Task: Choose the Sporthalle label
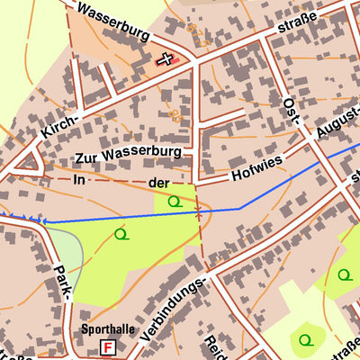[x=108, y=329]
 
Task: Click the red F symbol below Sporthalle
[x=109, y=346]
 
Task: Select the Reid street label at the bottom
[x=214, y=346]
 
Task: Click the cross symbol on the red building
[x=165, y=59]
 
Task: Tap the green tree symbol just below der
[x=175, y=202]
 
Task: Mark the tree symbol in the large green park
[x=121, y=234]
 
